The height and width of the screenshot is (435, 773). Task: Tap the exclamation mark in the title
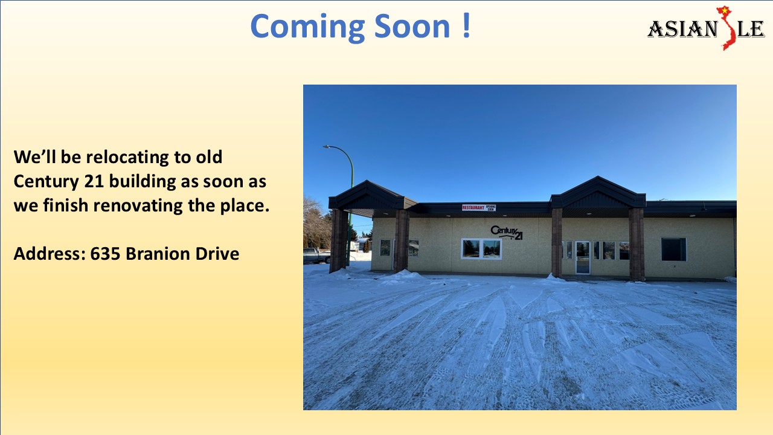click(466, 27)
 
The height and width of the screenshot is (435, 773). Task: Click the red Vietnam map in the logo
click(726, 28)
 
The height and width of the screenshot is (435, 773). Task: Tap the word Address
click(50, 254)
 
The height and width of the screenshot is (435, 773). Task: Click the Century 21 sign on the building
click(507, 233)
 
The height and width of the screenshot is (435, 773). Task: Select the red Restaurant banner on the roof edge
click(473, 207)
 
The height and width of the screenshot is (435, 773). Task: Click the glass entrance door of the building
click(582, 257)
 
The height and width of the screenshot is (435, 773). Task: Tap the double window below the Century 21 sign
click(481, 248)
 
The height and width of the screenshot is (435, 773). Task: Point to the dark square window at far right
click(673, 249)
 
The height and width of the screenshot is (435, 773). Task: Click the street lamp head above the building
click(327, 147)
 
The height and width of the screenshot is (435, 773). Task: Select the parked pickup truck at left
click(316, 256)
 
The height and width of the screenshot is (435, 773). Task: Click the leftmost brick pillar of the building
click(339, 240)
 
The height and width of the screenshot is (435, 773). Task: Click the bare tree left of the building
click(315, 224)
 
